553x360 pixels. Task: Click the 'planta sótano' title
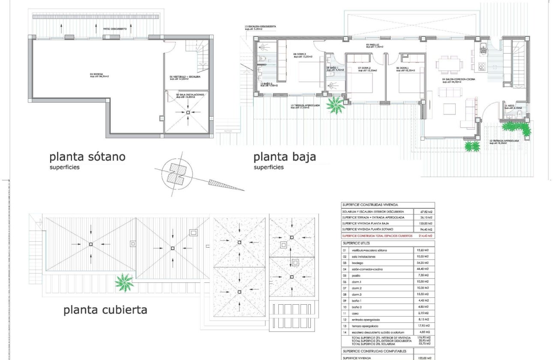87,156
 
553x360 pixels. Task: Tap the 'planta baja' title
285,156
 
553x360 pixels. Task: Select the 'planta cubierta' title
105,309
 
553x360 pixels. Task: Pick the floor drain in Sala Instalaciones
188,112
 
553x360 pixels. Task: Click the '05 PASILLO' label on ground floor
374,45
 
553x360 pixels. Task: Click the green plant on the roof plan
125,282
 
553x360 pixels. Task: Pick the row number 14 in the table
344,332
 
